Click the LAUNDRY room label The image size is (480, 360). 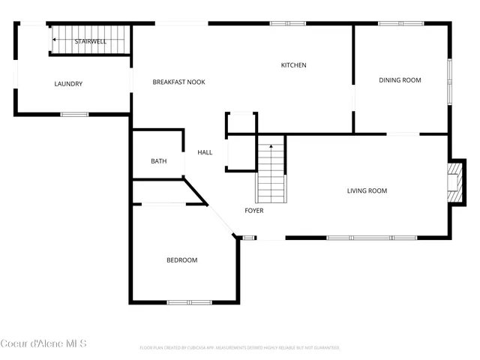(x=68, y=84)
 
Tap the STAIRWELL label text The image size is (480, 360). (x=90, y=41)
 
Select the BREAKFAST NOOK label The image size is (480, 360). (x=178, y=82)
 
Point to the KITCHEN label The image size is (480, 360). (x=293, y=65)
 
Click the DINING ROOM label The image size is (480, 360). (x=400, y=80)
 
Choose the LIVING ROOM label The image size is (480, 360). (x=367, y=190)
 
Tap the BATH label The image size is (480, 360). (x=158, y=161)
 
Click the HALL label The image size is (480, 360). (x=205, y=152)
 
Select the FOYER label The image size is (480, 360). (x=254, y=211)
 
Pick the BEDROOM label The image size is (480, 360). (x=181, y=260)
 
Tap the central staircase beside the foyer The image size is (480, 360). (x=271, y=174)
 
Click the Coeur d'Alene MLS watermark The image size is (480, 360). (x=43, y=343)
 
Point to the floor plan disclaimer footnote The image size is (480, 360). (x=240, y=348)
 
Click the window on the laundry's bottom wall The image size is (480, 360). (x=74, y=114)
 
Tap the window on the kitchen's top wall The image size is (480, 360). (x=287, y=24)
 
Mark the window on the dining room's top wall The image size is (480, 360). (x=396, y=24)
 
